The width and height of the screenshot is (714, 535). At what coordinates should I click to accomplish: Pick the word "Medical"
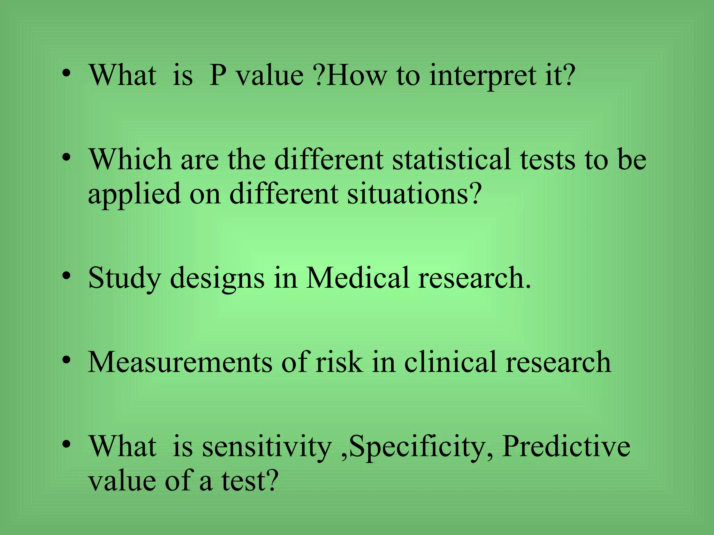(357, 278)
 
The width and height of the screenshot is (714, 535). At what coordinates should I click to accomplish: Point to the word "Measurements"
(180, 362)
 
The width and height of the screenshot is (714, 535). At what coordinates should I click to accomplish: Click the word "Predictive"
(566, 447)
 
